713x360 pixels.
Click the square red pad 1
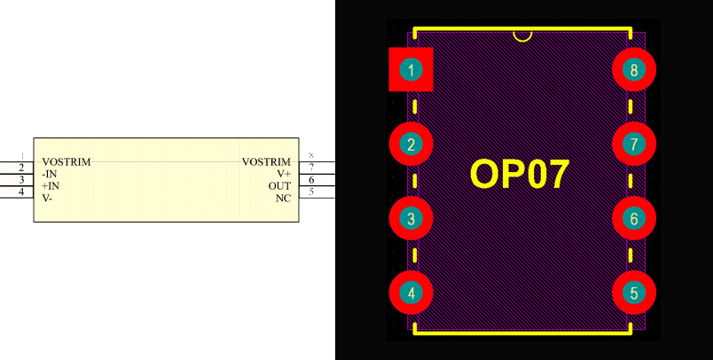[x=411, y=70]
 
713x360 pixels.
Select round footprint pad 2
[x=411, y=145]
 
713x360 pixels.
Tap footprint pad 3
[x=411, y=218]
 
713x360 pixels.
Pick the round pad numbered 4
[x=411, y=293]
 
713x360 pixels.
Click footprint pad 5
[x=633, y=293]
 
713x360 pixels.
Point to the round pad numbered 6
[x=633, y=218]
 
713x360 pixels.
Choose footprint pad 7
[x=633, y=145]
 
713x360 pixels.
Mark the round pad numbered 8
[x=633, y=70]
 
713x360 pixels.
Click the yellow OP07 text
[x=519, y=175]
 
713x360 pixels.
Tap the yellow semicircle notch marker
[x=523, y=36]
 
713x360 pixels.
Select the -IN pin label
[x=50, y=175]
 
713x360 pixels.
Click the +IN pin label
[x=51, y=186]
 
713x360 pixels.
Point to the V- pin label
[x=47, y=198]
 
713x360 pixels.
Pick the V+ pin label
[x=284, y=175]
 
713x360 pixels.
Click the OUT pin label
[x=279, y=186]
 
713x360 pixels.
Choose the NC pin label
[x=283, y=198]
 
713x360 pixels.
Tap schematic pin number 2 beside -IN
[x=21, y=168]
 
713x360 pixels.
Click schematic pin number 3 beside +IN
[x=21, y=180]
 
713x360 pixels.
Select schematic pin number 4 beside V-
[x=21, y=192]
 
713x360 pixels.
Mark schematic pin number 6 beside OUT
[x=311, y=180]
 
